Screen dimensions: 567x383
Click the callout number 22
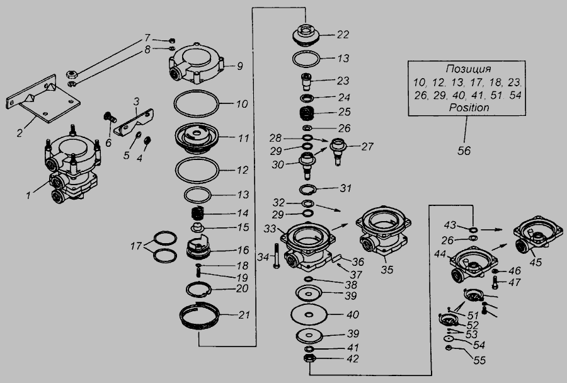tap(343, 35)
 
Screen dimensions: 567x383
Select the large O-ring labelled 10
tap(175, 104)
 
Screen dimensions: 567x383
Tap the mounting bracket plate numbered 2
tap(43, 100)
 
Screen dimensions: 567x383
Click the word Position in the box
tap(469, 108)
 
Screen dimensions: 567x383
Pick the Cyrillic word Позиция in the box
tap(468, 69)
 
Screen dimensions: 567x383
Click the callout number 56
tap(464, 151)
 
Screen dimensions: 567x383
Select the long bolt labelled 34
tap(277, 256)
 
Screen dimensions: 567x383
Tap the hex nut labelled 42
tap(310, 359)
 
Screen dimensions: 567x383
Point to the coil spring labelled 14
tap(197, 213)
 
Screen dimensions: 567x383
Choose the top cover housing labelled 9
tap(197, 63)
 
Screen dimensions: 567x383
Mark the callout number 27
tap(367, 147)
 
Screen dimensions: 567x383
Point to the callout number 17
tap(136, 246)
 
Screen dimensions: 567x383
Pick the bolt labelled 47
tap(495, 282)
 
